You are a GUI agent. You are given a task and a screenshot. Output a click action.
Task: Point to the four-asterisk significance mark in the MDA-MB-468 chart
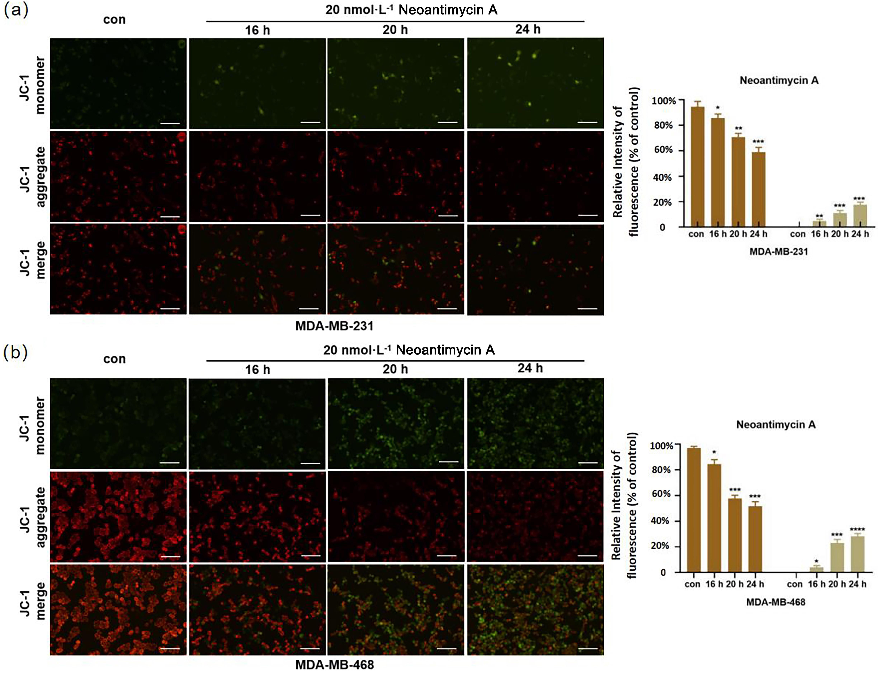coord(857,529)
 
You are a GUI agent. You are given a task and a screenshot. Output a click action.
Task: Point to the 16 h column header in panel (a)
coord(257,30)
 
